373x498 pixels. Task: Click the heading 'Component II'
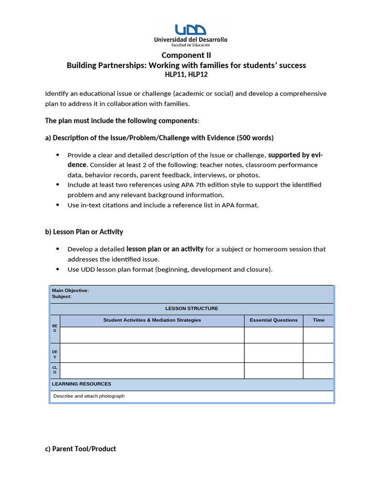tap(186, 55)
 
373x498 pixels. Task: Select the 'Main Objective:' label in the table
tap(70, 290)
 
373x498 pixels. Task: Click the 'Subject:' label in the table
tap(62, 296)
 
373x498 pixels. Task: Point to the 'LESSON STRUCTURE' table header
tap(192, 308)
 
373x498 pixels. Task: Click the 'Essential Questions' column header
tap(273, 320)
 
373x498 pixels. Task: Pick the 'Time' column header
tap(318, 320)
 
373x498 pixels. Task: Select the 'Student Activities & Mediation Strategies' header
tap(152, 320)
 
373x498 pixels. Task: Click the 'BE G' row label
tap(55, 328)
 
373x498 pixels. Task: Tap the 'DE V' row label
tap(55, 354)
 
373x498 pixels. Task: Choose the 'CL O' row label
tap(55, 370)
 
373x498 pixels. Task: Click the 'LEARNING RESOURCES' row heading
tap(82, 384)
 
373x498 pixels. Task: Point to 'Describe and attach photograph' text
tap(89, 396)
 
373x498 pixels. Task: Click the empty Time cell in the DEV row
tap(318, 353)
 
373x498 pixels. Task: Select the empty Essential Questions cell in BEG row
tap(273, 335)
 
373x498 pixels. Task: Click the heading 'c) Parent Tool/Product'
tap(80, 449)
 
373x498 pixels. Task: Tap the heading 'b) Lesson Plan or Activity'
tap(84, 231)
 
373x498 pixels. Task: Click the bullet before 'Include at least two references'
tap(58, 185)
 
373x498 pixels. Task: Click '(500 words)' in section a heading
tap(255, 138)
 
